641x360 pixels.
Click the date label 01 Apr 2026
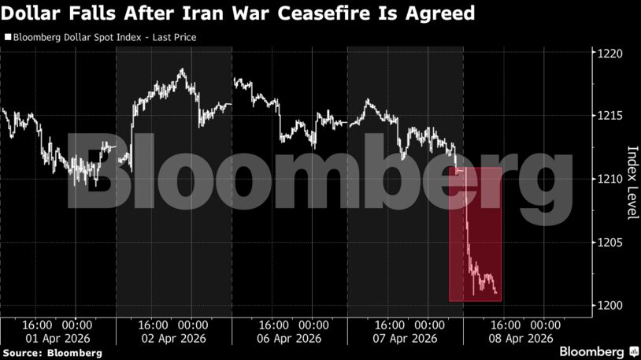(57, 338)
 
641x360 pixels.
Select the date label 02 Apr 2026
(172, 338)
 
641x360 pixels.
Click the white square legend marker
(8, 37)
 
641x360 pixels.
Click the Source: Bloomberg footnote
(53, 353)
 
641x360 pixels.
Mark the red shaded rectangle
(475, 234)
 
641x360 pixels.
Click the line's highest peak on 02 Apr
(182, 69)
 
